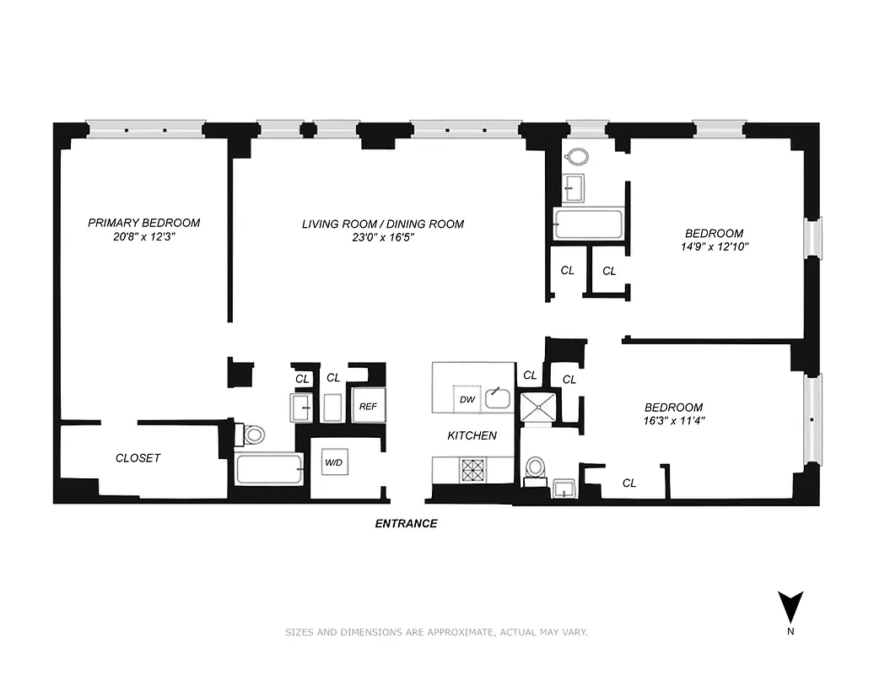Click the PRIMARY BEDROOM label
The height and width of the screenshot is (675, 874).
click(144, 223)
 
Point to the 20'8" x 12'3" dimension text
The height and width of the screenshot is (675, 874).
click(144, 238)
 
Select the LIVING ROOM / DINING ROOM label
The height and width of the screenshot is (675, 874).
click(383, 224)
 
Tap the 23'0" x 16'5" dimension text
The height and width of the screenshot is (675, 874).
click(383, 238)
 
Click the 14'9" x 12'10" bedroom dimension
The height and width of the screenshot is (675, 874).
click(714, 247)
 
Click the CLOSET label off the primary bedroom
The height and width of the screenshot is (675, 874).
click(138, 458)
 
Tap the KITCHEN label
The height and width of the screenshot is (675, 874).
click(472, 435)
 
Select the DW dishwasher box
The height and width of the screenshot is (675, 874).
click(467, 399)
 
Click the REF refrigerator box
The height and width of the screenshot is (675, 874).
click(368, 406)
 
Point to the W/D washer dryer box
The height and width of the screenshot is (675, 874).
click(333, 464)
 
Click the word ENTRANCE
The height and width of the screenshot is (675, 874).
click(406, 523)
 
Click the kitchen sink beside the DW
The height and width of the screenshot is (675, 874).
click(498, 397)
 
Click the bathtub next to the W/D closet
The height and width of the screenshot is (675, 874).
click(268, 469)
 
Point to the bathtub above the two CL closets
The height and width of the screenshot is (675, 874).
click(588, 224)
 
